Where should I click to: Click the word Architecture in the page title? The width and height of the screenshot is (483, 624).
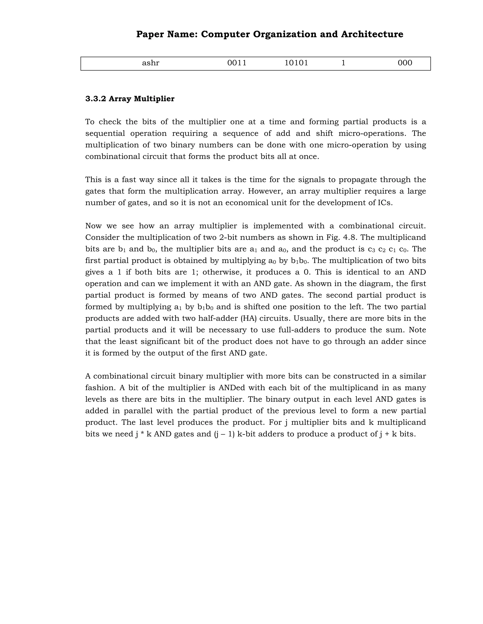372,34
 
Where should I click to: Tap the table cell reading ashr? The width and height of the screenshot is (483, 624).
150,63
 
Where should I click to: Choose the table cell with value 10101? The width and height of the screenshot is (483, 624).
296,63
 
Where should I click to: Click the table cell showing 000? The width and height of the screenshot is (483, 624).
405,63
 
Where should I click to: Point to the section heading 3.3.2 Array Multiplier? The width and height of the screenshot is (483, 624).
130,99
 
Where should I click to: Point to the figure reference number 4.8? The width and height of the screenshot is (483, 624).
350,237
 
